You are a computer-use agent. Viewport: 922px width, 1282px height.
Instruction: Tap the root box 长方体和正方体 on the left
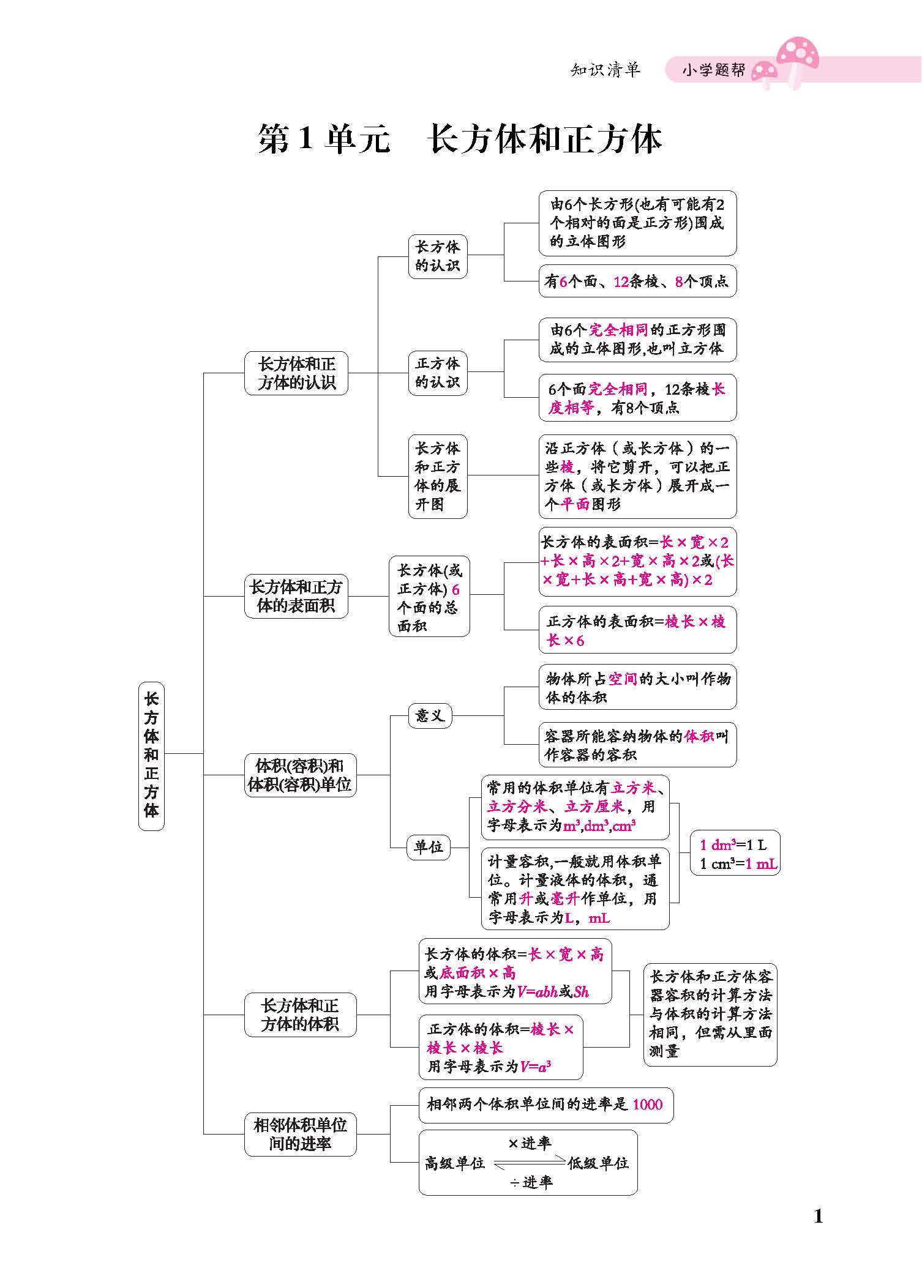pos(151,755)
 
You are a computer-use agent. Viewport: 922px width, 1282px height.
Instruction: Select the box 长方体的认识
pos(437,256)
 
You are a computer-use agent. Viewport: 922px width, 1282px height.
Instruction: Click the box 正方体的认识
pos(437,373)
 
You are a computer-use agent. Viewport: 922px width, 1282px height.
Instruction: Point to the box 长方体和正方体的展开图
pos(437,476)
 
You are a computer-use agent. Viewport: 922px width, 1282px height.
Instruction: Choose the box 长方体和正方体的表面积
pos(296,596)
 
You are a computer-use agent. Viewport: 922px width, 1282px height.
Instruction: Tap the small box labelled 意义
pos(430,715)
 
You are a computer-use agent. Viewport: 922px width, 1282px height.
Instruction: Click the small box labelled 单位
pos(429,847)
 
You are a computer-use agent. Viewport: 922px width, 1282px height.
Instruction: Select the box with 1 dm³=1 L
pos(735,853)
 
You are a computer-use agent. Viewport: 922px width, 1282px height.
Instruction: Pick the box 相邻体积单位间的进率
pos(300,1134)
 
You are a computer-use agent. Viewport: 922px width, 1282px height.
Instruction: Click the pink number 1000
pos(647,1104)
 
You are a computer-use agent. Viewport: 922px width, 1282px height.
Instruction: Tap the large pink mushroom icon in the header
pos(798,56)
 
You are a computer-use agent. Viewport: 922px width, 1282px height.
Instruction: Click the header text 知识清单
pos(605,70)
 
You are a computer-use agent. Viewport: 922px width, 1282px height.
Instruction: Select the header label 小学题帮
pos(714,70)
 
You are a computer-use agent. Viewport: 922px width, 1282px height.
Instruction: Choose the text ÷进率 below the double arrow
pos(531,1182)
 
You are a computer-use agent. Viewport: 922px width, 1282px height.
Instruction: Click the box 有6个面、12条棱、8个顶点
pos(637,281)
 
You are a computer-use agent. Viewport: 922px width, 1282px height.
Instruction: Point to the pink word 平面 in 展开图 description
pos(575,504)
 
